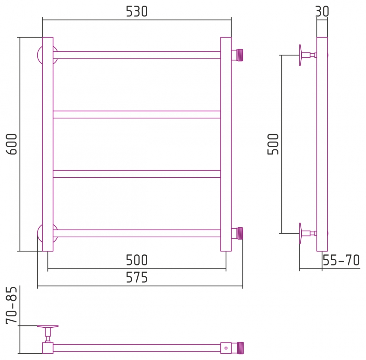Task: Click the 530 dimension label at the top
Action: pyautogui.click(x=137, y=12)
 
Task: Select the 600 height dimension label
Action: pyautogui.click(x=11, y=144)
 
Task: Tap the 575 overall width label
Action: pyautogui.click(x=137, y=278)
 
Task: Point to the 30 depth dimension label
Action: pyautogui.click(x=322, y=12)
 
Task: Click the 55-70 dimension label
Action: pyautogui.click(x=341, y=260)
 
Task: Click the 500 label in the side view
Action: pyautogui.click(x=273, y=144)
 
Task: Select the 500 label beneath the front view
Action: pyautogui.click(x=137, y=260)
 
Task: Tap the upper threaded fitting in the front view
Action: pyautogui.click(x=237, y=55)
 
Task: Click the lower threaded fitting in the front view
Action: pyautogui.click(x=237, y=233)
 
